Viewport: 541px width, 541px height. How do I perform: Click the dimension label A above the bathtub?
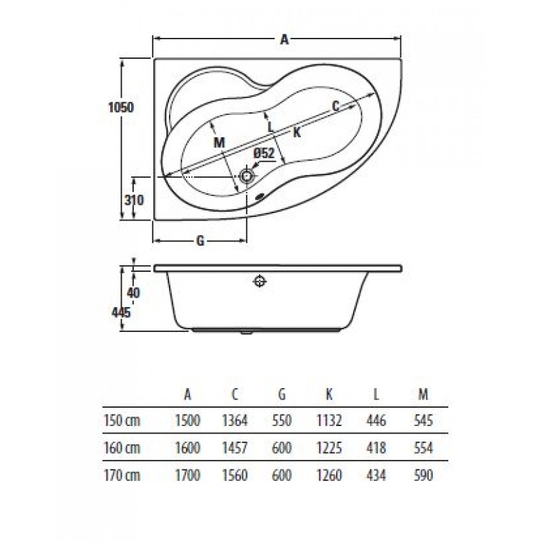[x=284, y=40]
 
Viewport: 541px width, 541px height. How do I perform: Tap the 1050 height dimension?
[x=121, y=108]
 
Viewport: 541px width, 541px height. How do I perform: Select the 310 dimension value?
[x=133, y=200]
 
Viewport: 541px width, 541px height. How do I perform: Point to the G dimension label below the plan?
[x=200, y=241]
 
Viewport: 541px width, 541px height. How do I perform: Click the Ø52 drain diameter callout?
[x=264, y=153]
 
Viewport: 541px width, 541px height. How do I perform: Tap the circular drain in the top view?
[x=247, y=177]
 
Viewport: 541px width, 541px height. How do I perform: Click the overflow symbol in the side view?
[x=260, y=281]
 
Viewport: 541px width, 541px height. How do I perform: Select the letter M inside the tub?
[x=219, y=142]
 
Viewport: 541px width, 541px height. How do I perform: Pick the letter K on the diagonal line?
[x=297, y=132]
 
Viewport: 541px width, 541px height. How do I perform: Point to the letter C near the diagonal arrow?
[x=335, y=106]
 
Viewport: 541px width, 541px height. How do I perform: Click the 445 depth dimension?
[x=121, y=312]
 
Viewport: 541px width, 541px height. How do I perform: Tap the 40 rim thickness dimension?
[x=133, y=293]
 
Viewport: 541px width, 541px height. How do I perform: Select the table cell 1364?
[x=235, y=421]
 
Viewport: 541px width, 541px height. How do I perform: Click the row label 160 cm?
[x=122, y=448]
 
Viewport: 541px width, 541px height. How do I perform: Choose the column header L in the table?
[x=376, y=394]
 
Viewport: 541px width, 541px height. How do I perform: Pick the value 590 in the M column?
[x=423, y=475]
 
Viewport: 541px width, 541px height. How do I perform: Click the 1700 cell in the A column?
[x=188, y=475]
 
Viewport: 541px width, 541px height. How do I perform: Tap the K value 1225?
[x=329, y=448]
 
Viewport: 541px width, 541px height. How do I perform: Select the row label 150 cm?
[x=122, y=421]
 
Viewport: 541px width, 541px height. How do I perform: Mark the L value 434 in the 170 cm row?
[x=376, y=475]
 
